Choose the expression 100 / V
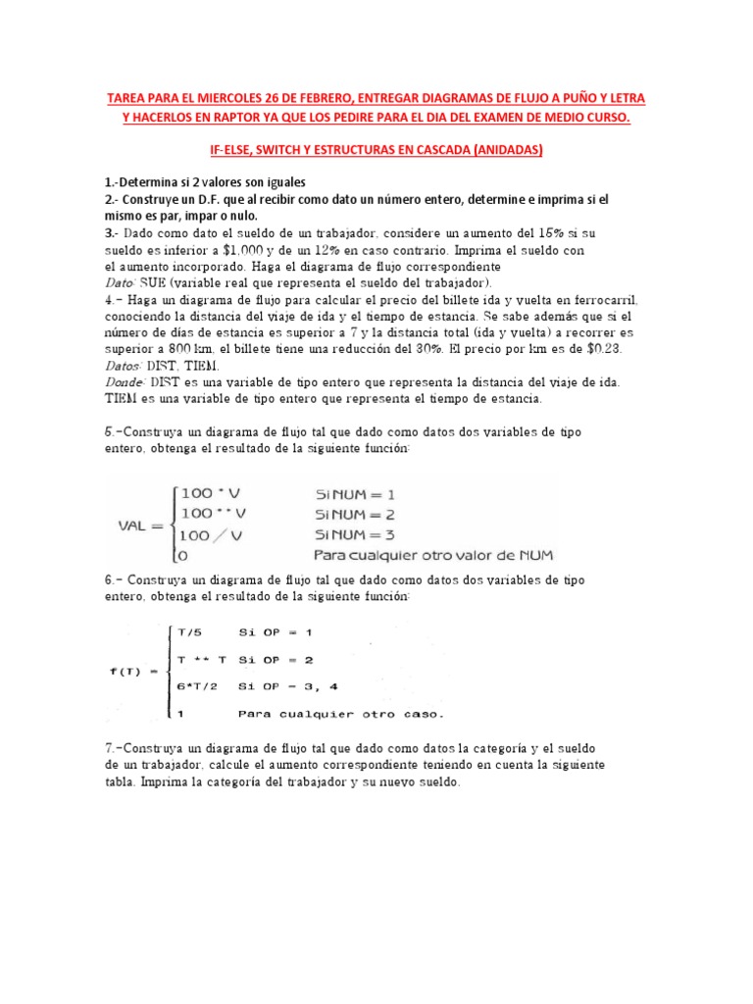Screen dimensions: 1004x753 click(212, 534)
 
